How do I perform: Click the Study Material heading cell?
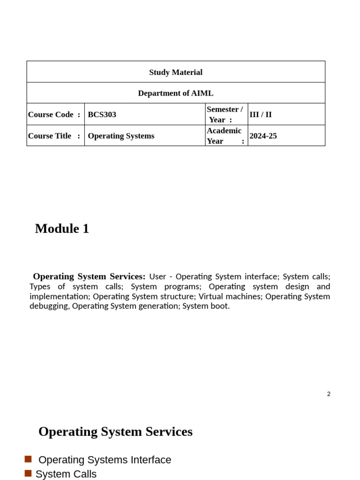click(176, 72)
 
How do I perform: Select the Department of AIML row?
click(176, 93)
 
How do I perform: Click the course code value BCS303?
click(102, 114)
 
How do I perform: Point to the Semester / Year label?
click(225, 114)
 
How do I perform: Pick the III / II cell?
click(261, 114)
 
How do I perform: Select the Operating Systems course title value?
click(121, 136)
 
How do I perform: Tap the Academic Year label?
click(225, 136)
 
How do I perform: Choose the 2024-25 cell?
click(263, 136)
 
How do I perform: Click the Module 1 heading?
click(62, 229)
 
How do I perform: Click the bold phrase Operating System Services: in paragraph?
click(89, 277)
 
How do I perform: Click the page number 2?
click(329, 394)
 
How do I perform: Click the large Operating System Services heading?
click(115, 431)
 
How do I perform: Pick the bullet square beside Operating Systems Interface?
click(28, 459)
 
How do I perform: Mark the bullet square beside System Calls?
click(28, 473)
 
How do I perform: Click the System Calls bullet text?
click(66, 474)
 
